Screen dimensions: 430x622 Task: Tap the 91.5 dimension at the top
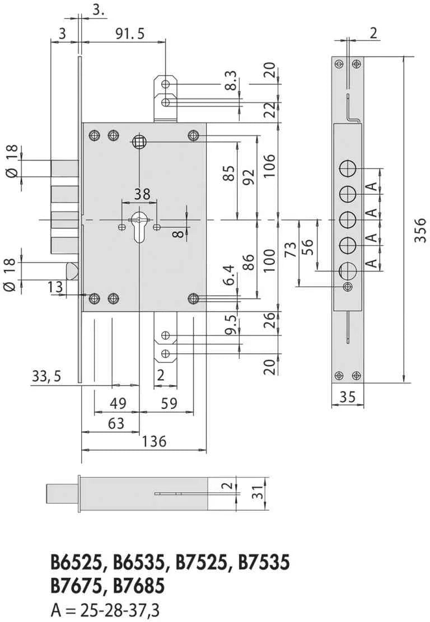click(x=130, y=34)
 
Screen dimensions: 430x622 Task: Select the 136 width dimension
click(x=155, y=441)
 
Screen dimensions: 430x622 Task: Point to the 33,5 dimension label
click(x=46, y=376)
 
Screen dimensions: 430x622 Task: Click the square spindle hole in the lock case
click(x=139, y=141)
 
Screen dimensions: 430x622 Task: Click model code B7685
click(x=139, y=586)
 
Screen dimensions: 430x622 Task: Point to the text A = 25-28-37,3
click(x=105, y=610)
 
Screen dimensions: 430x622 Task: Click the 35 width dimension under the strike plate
click(x=348, y=397)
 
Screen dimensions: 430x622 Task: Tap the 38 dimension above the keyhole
click(x=142, y=194)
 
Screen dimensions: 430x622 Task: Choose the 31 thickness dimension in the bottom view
click(x=259, y=493)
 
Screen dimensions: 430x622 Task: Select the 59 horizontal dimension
click(x=170, y=404)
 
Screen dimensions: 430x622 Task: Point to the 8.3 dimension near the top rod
click(x=231, y=81)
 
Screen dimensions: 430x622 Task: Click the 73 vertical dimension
click(x=291, y=250)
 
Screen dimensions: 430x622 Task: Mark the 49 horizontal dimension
click(x=118, y=404)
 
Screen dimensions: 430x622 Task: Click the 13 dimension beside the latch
click(x=55, y=287)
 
